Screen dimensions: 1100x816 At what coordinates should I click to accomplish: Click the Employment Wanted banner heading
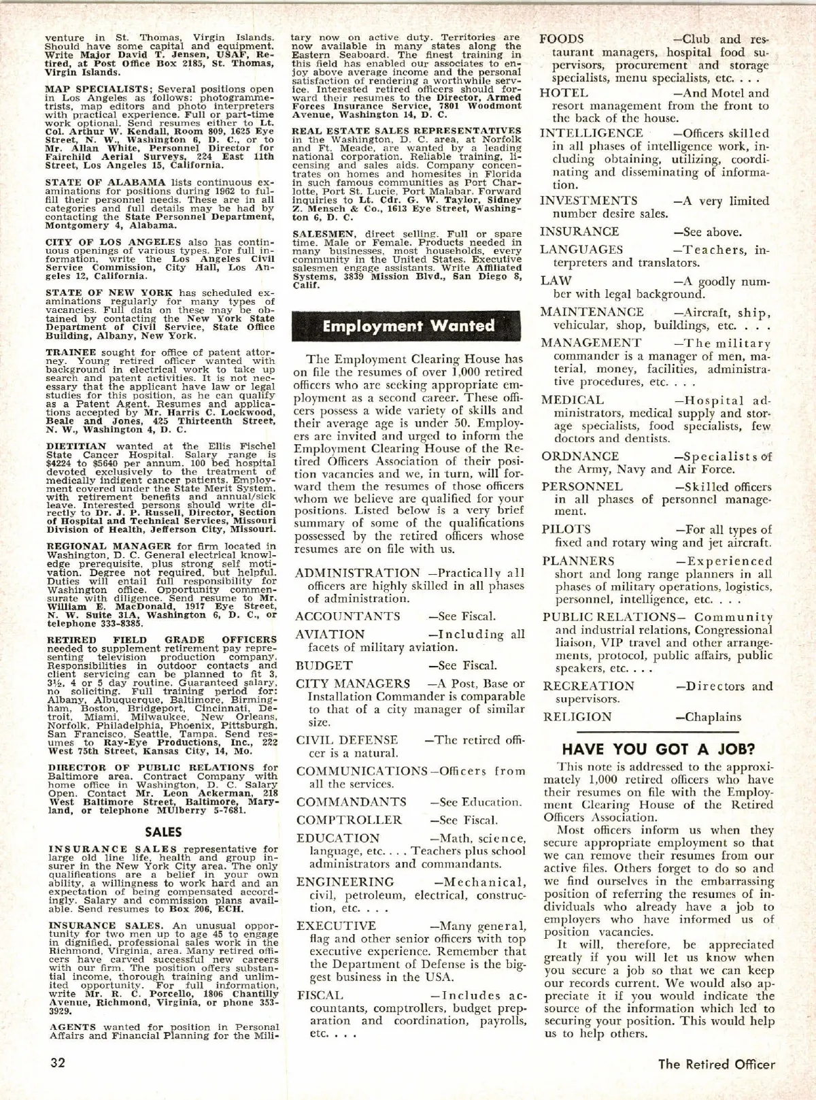tap(408, 326)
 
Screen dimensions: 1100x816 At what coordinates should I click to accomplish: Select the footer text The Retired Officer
tap(716, 1064)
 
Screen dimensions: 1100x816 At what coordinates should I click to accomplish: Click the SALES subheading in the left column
tap(163, 831)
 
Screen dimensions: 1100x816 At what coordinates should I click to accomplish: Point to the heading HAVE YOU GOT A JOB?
tap(658, 750)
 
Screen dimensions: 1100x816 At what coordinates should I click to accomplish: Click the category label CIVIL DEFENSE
tap(347, 740)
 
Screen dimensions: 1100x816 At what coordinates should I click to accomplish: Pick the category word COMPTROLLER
tap(349, 820)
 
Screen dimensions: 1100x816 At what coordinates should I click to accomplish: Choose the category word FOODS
tap(562, 39)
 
